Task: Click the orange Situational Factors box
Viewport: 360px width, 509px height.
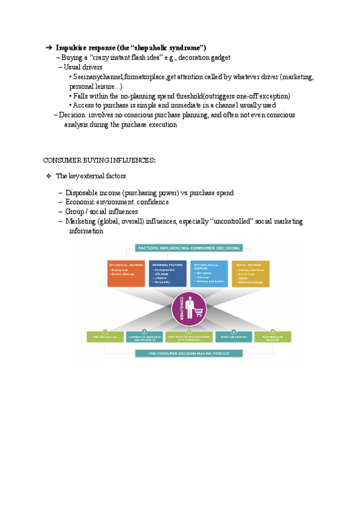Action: (x=126, y=273)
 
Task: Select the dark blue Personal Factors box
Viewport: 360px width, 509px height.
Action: (x=168, y=273)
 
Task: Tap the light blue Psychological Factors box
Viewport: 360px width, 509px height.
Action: (x=209, y=273)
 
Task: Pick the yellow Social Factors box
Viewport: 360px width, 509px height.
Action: (x=250, y=273)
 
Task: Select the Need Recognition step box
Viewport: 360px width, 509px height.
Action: (x=104, y=337)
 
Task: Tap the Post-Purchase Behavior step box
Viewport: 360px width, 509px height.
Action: (x=272, y=337)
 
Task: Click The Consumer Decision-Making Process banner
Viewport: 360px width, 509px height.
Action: (x=188, y=354)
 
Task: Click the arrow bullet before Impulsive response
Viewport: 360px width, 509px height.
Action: (x=49, y=48)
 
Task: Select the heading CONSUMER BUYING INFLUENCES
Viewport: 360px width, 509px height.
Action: (x=100, y=160)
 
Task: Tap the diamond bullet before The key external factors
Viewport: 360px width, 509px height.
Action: (x=49, y=176)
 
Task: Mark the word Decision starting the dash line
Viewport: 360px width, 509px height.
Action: (x=73, y=115)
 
